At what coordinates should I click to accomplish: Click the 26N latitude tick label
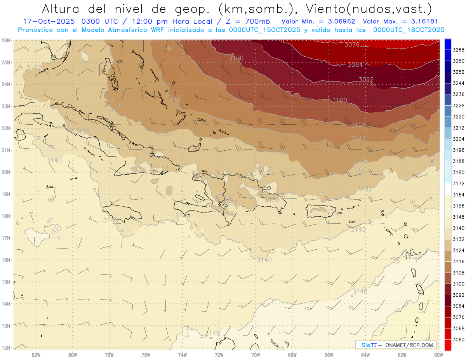(5, 40)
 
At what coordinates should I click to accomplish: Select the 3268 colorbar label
(459, 50)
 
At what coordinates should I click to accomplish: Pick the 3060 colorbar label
(459, 340)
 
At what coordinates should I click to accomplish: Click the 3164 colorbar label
(459, 194)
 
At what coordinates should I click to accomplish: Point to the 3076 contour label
(352, 45)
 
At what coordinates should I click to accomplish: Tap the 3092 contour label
(366, 80)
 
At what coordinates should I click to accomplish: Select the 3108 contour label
(358, 125)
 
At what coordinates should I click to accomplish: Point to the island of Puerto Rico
(320, 210)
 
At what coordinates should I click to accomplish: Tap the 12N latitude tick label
(5, 348)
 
